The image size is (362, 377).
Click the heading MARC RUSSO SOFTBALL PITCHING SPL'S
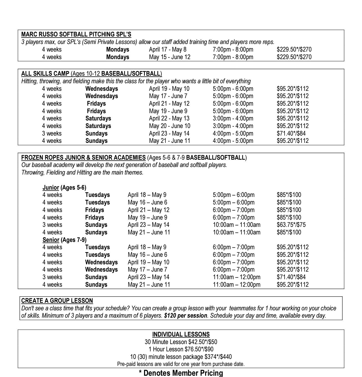pos(76,34)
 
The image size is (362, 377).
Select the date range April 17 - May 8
pos(168,50)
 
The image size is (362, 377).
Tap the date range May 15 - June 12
pos(170,57)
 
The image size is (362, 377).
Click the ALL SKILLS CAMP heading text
pos(45,74)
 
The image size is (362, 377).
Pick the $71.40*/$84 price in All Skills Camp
pos(291,134)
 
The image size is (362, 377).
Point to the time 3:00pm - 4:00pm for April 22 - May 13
pos(233,118)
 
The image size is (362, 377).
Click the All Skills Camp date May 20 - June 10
pos(170,126)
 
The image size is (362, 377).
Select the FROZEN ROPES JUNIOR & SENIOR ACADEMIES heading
pos(83,158)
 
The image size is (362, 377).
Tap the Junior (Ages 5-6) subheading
pos(64,188)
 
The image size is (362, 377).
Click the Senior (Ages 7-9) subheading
pos(64,240)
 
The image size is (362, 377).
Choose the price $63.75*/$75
pos(291,225)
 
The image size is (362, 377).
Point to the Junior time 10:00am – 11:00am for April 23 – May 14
pos(237,225)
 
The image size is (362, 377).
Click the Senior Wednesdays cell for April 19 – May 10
pos(101,262)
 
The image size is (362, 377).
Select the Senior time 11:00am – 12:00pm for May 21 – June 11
pos(237,285)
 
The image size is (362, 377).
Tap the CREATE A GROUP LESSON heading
pos(57,301)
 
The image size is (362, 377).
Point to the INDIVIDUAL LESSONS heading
pos(181,334)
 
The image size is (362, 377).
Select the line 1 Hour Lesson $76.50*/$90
pos(181,349)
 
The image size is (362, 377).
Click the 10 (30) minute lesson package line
pos(181,357)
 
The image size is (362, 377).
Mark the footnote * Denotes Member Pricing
pos(181,373)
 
